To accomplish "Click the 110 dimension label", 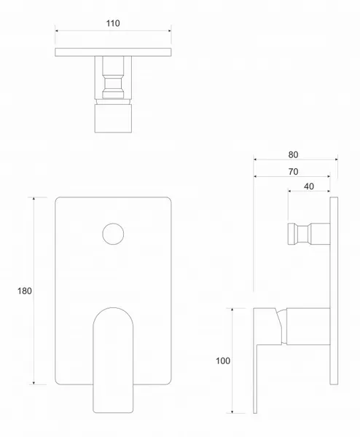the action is click(x=113, y=23).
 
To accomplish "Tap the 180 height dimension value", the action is click(x=25, y=291).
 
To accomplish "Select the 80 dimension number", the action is click(x=293, y=154).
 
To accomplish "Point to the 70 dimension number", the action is click(x=293, y=172).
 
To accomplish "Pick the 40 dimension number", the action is click(x=309, y=186).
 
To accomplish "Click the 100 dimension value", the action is click(x=223, y=361).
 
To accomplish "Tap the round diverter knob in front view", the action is click(x=113, y=234).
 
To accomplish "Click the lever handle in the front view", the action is click(x=113, y=360).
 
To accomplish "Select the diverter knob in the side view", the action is click(x=309, y=234).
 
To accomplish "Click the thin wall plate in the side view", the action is click(x=334, y=291).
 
